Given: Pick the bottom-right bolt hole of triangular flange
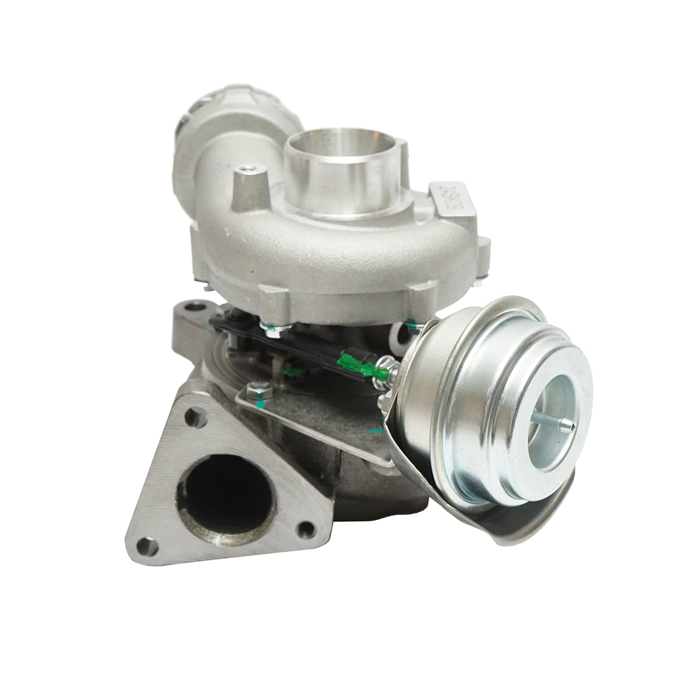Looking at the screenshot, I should coord(306,529).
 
